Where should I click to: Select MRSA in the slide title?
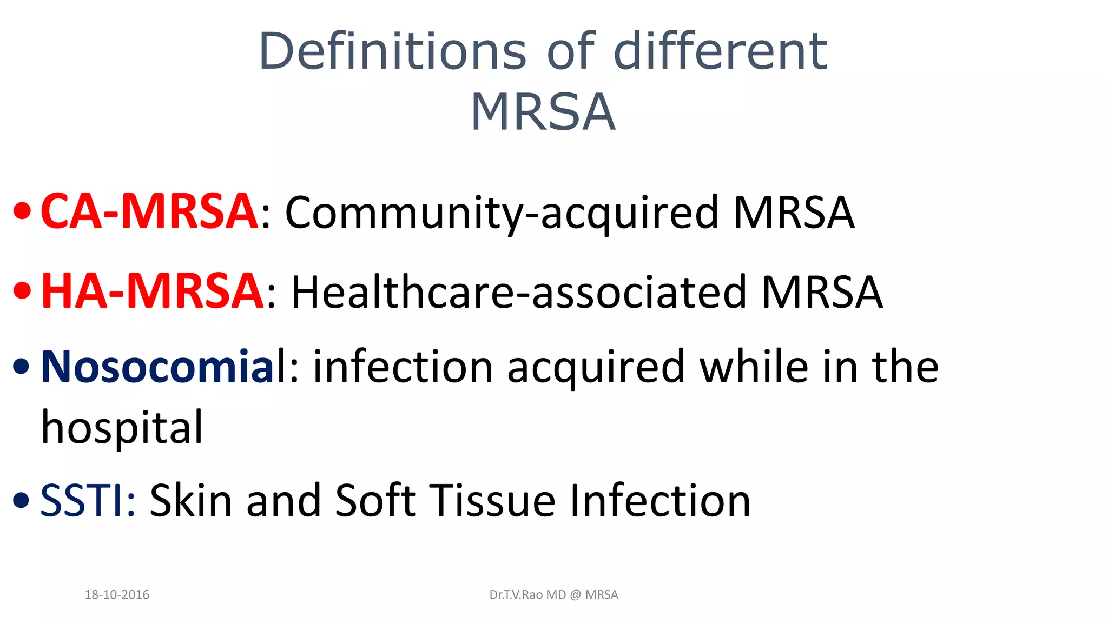coord(543,112)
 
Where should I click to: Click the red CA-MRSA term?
coord(149,211)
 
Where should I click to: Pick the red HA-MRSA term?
coord(153,291)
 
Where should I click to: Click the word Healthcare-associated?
coord(519,293)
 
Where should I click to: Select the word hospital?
coord(122,427)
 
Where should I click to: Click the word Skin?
coord(190,501)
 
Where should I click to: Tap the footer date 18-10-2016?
coord(117,595)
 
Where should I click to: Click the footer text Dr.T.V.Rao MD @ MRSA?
coord(553,595)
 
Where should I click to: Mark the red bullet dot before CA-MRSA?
coord(22,213)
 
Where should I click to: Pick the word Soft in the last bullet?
coord(375,501)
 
